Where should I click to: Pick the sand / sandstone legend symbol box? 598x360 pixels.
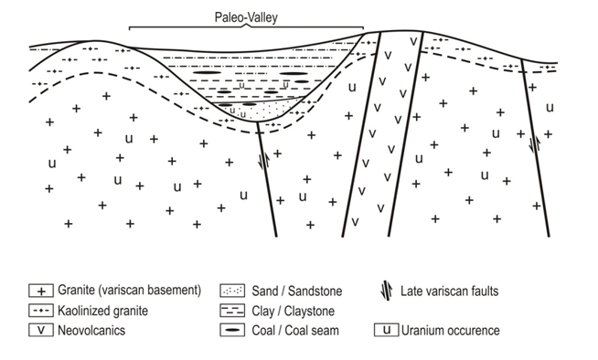(230, 291)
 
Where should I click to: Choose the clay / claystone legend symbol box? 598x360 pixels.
(230, 310)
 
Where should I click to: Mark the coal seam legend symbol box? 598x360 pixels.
(230, 329)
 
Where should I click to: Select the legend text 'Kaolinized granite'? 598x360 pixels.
(102, 310)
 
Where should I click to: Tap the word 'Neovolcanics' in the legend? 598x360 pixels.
(91, 329)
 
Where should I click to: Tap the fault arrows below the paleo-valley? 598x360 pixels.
(265, 161)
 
